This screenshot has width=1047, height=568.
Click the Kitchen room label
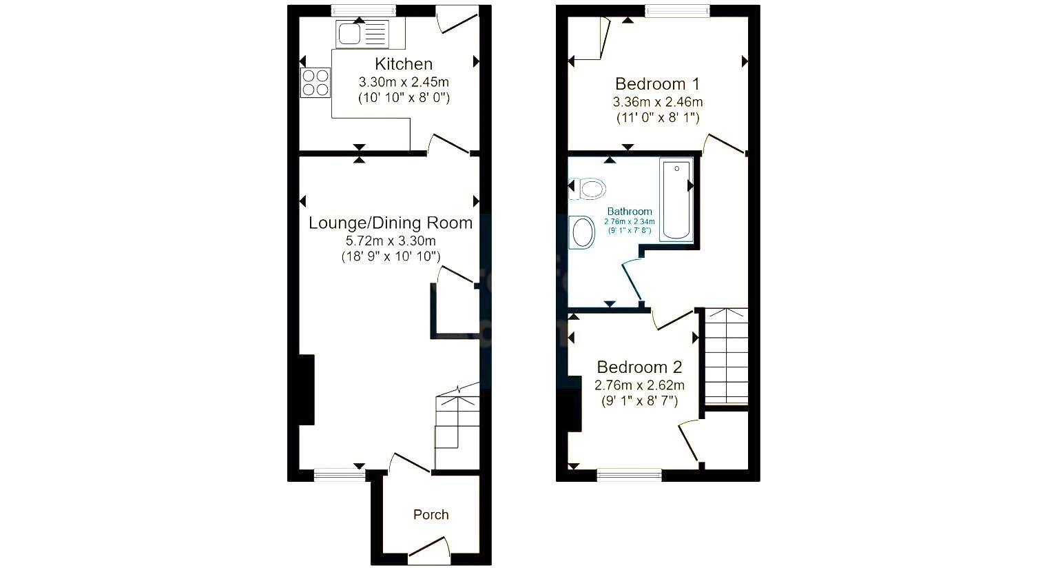[x=404, y=64]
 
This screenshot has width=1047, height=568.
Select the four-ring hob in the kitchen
[x=315, y=83]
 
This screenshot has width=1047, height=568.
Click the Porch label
[x=431, y=514]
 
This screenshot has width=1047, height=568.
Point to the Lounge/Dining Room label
[x=391, y=223]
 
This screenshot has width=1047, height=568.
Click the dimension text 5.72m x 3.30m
[x=391, y=241]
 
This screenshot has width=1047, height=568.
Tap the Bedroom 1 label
[x=657, y=84]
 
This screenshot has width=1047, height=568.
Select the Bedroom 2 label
[x=639, y=367]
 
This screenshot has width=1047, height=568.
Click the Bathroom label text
[x=629, y=212]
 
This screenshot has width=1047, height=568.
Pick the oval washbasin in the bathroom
[x=583, y=232]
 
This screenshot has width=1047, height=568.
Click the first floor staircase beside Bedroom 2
[x=725, y=356]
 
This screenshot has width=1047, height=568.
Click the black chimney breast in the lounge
[x=307, y=390]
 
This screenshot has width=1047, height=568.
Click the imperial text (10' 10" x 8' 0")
[x=404, y=98]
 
